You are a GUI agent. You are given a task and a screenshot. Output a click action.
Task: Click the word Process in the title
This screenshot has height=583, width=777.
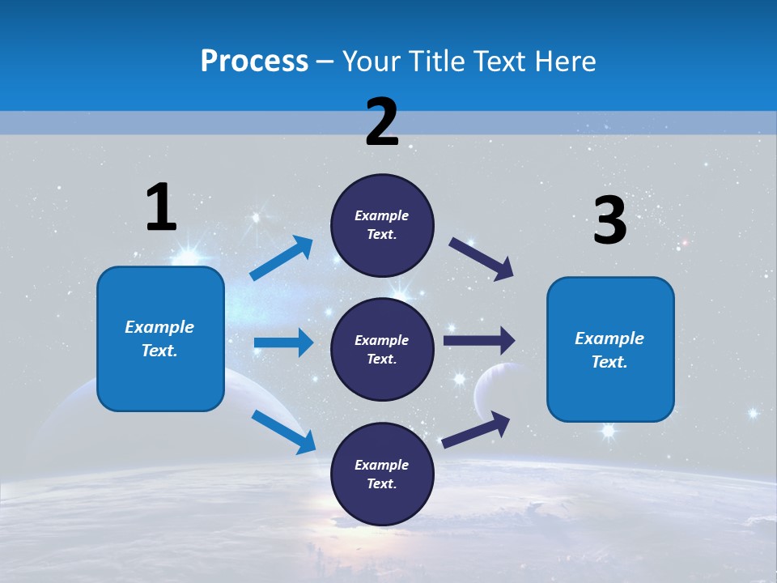point(254,62)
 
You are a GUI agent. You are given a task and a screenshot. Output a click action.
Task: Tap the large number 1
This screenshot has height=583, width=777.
point(161,208)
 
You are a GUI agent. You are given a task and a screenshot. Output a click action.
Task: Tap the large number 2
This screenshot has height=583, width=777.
point(382,122)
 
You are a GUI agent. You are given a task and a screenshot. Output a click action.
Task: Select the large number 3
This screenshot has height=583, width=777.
point(609,221)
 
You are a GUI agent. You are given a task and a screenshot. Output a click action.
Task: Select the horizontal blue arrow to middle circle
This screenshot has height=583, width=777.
point(283,343)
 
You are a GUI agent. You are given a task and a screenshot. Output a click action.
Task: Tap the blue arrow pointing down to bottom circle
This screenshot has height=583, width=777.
point(283,431)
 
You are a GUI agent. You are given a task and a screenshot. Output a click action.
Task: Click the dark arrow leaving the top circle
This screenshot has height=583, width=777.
point(482,258)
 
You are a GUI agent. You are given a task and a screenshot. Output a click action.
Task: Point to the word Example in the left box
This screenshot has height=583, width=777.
point(159,327)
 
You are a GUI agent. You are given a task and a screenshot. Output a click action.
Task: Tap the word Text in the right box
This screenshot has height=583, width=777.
point(609,362)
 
